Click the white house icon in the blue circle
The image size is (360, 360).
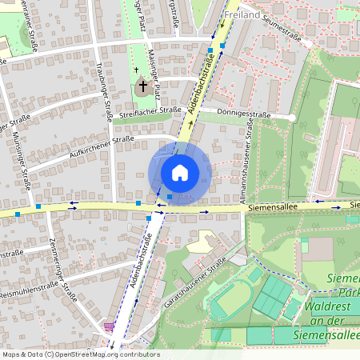tap(179, 173)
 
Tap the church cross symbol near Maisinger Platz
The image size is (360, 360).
tap(143, 84)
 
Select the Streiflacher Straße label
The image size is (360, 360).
tap(155, 117)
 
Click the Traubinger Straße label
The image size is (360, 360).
tap(105, 93)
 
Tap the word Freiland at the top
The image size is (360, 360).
tap(242, 14)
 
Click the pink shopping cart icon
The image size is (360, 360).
tap(108, 327)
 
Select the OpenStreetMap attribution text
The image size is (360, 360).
tap(80, 354)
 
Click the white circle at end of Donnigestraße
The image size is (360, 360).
tap(292, 118)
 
